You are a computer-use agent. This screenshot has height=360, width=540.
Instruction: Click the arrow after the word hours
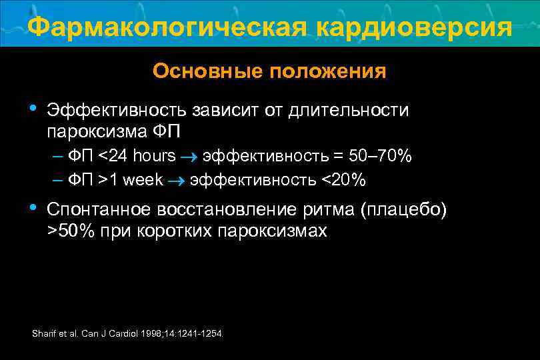pos(189,157)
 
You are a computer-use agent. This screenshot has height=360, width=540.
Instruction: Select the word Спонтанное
pos(98,210)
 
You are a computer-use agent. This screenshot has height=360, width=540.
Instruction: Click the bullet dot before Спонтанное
pos(33,209)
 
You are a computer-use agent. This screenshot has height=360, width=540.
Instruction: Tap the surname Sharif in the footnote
pos(43,333)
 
